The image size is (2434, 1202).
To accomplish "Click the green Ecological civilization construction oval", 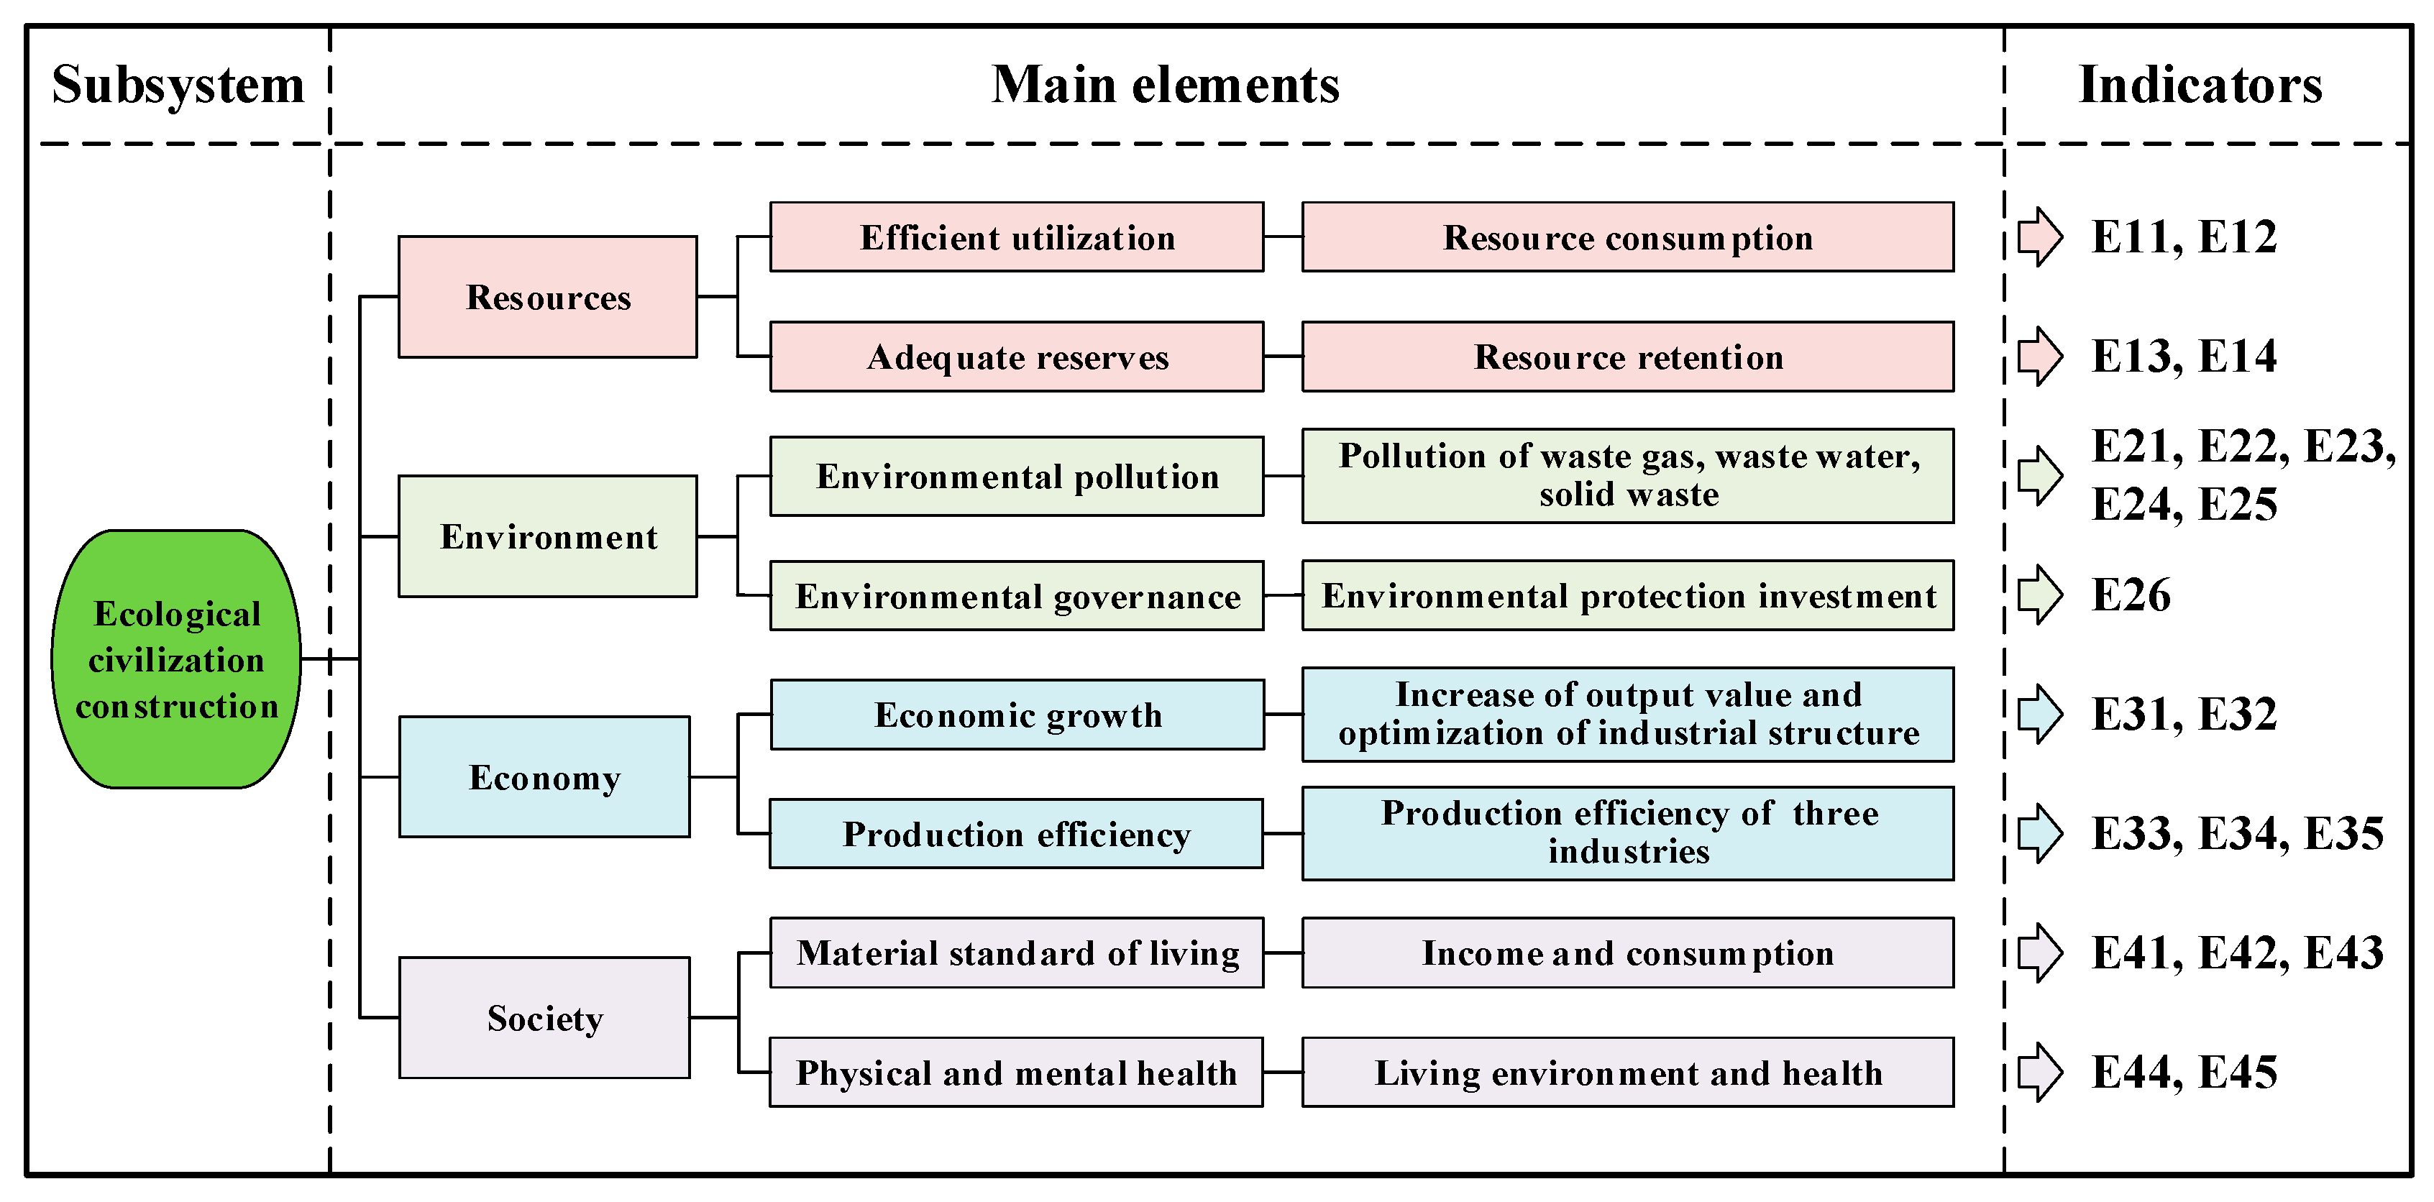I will [x=177, y=659].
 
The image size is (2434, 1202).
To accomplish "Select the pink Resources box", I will [x=547, y=297].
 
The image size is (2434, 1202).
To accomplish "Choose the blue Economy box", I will [x=544, y=776].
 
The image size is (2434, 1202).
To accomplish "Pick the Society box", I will [x=544, y=1018].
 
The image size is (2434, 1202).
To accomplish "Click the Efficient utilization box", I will [x=1017, y=237].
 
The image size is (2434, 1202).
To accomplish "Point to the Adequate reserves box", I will [x=1017, y=357].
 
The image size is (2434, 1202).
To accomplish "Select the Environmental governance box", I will [x=1017, y=595].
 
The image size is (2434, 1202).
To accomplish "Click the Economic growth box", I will [x=1017, y=715].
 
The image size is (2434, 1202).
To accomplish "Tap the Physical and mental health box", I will [x=1016, y=1073].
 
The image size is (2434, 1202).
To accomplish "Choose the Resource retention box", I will [x=1628, y=357].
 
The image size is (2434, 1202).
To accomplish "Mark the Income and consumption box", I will [x=1628, y=953].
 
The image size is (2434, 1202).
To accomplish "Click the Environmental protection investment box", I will [x=1628, y=595].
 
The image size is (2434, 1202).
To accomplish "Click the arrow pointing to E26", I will [x=2039, y=595].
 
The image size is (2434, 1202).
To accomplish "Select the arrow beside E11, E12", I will [x=2039, y=237].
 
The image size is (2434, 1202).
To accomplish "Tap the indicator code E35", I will [x=2344, y=833].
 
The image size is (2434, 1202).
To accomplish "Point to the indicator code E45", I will [x=2238, y=1073].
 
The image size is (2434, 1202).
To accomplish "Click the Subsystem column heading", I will [x=178, y=85].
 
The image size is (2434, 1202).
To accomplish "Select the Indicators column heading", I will [x=2200, y=85].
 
